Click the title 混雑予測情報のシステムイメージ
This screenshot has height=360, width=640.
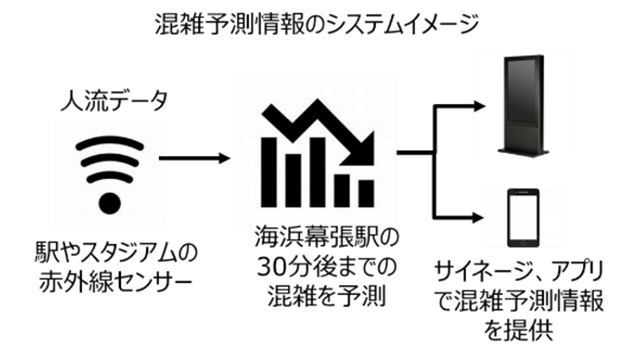(x=320, y=22)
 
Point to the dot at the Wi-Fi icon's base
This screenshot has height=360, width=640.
(x=111, y=203)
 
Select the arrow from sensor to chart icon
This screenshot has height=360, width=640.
(x=193, y=158)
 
